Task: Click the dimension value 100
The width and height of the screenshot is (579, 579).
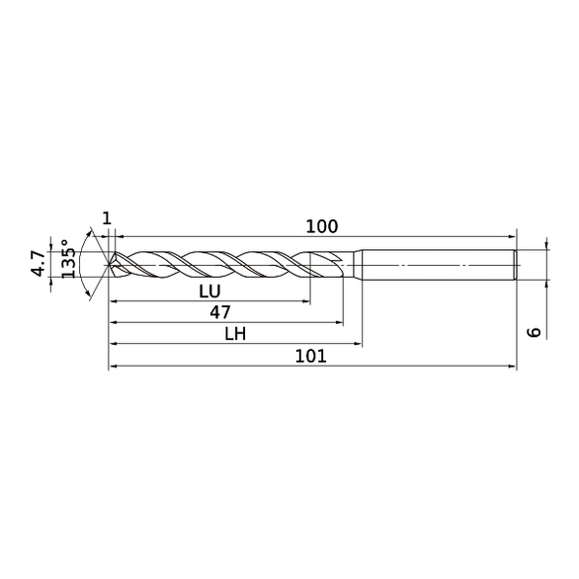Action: coord(321,226)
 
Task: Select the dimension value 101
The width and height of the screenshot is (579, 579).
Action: coord(312,357)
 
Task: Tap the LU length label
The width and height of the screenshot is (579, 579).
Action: coord(208,291)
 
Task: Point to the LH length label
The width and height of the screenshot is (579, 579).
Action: coord(234,335)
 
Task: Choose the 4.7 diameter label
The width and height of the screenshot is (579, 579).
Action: coord(38,264)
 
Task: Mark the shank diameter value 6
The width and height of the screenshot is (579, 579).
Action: coord(535,332)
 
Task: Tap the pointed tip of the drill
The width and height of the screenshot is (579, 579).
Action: coord(109,265)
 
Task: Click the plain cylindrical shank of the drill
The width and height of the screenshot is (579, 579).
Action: coord(435,265)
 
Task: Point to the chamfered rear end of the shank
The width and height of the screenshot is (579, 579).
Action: coord(515,265)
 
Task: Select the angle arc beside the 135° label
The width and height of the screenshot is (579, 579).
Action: coord(87,287)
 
